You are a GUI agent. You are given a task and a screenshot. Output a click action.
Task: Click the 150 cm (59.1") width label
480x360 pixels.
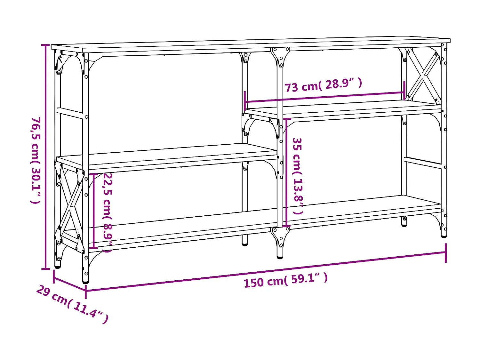click(285, 281)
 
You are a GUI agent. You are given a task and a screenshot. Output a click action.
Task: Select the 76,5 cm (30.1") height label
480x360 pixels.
click(36, 160)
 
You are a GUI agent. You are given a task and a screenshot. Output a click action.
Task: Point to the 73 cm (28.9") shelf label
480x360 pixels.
click(323, 85)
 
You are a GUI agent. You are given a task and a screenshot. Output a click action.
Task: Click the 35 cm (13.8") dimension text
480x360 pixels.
click(298, 176)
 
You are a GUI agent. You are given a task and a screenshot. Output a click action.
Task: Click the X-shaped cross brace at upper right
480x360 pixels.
click(423, 76)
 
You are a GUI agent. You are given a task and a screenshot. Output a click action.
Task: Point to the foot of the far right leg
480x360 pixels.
click(444, 236)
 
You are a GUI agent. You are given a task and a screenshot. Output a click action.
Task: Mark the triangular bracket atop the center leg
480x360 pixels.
click(280, 56)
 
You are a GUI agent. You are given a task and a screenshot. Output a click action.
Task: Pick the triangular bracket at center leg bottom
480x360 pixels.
click(280, 236)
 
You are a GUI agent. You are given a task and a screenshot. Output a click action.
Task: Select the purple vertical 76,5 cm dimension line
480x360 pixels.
click(45, 157)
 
